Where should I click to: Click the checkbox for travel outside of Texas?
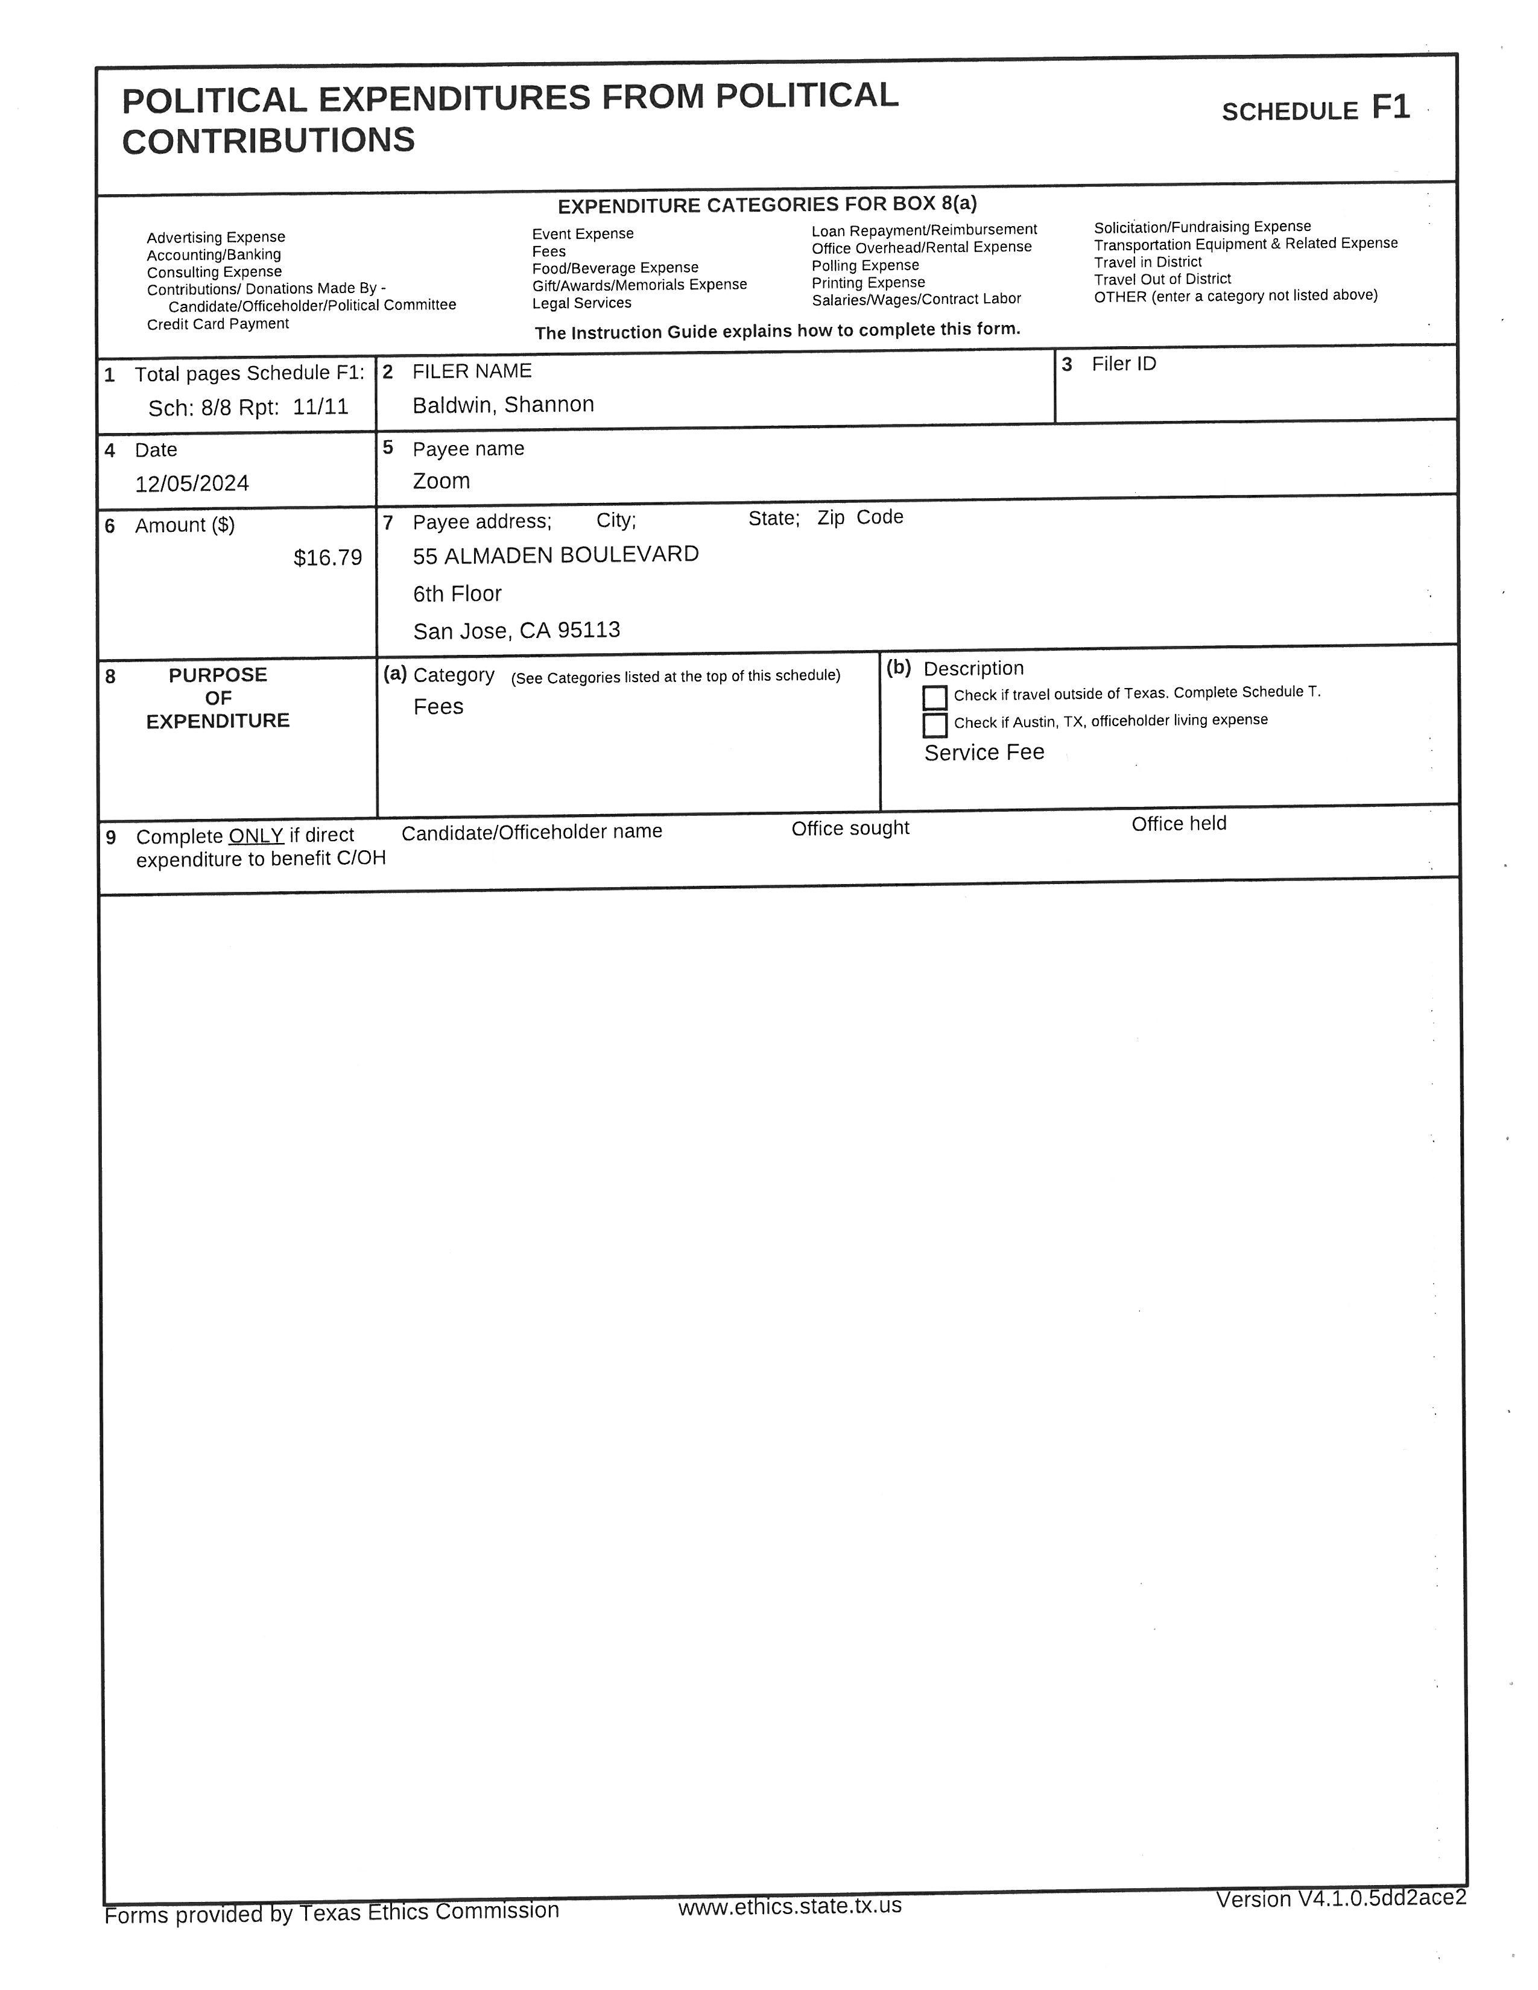pos(935,697)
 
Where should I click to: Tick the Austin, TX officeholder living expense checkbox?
pos(935,725)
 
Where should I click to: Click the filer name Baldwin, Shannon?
pos(503,405)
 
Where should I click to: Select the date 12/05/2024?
pos(192,483)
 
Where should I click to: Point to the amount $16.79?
pos(327,558)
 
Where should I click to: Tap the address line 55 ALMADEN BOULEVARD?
pos(556,555)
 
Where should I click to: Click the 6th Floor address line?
pos(457,594)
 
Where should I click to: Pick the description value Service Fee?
pos(984,753)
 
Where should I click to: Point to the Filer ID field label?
pos(1124,364)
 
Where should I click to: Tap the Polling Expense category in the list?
pos(865,265)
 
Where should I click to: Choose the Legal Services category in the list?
pos(581,303)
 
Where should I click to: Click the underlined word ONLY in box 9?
pos(256,836)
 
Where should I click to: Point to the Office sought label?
pos(850,828)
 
